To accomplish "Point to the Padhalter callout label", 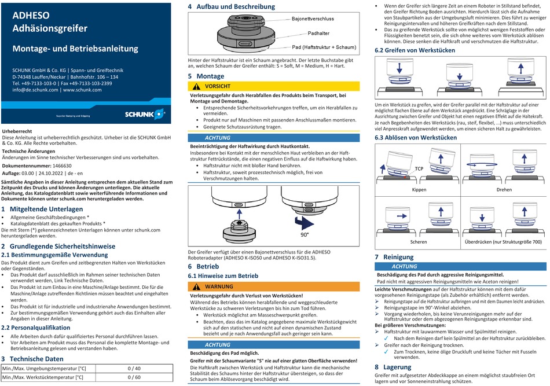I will click(x=318, y=34).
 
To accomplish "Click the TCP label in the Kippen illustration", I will click(x=419, y=168).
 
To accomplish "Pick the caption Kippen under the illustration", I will click(x=419, y=190).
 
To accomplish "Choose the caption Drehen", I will click(x=504, y=190).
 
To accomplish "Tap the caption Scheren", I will click(x=418, y=241).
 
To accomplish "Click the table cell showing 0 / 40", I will click(x=134, y=368).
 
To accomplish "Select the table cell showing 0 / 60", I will click(x=134, y=377).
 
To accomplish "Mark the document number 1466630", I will click(x=67, y=165).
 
